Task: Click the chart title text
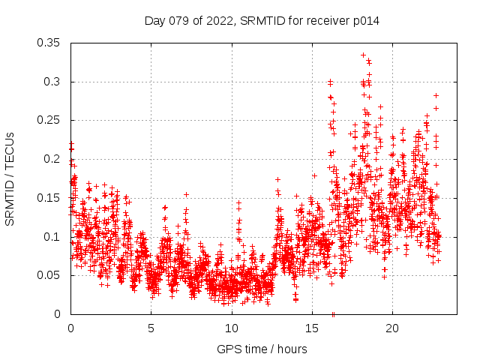click(x=262, y=21)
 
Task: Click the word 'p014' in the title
click(x=365, y=21)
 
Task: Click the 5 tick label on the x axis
click(x=151, y=328)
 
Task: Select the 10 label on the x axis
click(x=232, y=328)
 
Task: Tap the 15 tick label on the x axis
click(x=312, y=328)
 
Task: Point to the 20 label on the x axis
click(x=392, y=328)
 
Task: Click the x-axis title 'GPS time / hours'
click(x=262, y=349)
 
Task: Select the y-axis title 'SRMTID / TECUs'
click(x=10, y=178)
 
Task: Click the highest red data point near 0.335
click(x=363, y=55)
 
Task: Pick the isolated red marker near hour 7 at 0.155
click(x=186, y=194)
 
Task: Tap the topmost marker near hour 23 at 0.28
click(x=436, y=95)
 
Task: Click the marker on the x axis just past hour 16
click(x=333, y=313)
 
